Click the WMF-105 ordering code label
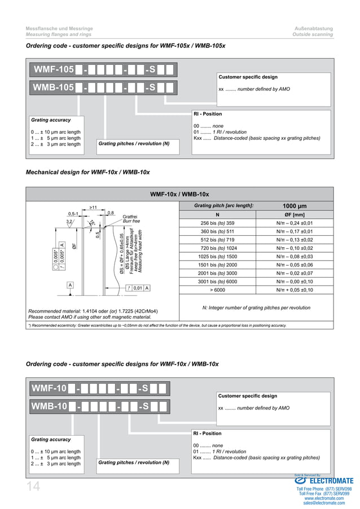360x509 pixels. tap(54, 70)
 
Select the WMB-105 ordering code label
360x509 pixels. tap(54, 87)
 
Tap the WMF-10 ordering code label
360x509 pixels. tap(50, 388)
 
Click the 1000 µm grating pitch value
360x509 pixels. tap(294, 205)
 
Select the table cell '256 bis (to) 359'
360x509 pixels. tap(217, 223)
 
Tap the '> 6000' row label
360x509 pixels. tap(217, 290)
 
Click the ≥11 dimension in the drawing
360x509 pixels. tap(93, 208)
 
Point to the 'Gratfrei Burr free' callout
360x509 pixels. tap(130, 219)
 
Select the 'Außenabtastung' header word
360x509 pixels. tap(314, 28)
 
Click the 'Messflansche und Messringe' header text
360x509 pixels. tap(60, 28)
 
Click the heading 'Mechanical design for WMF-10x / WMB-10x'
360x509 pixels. tap(88, 172)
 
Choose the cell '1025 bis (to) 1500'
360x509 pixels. tap(217, 256)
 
